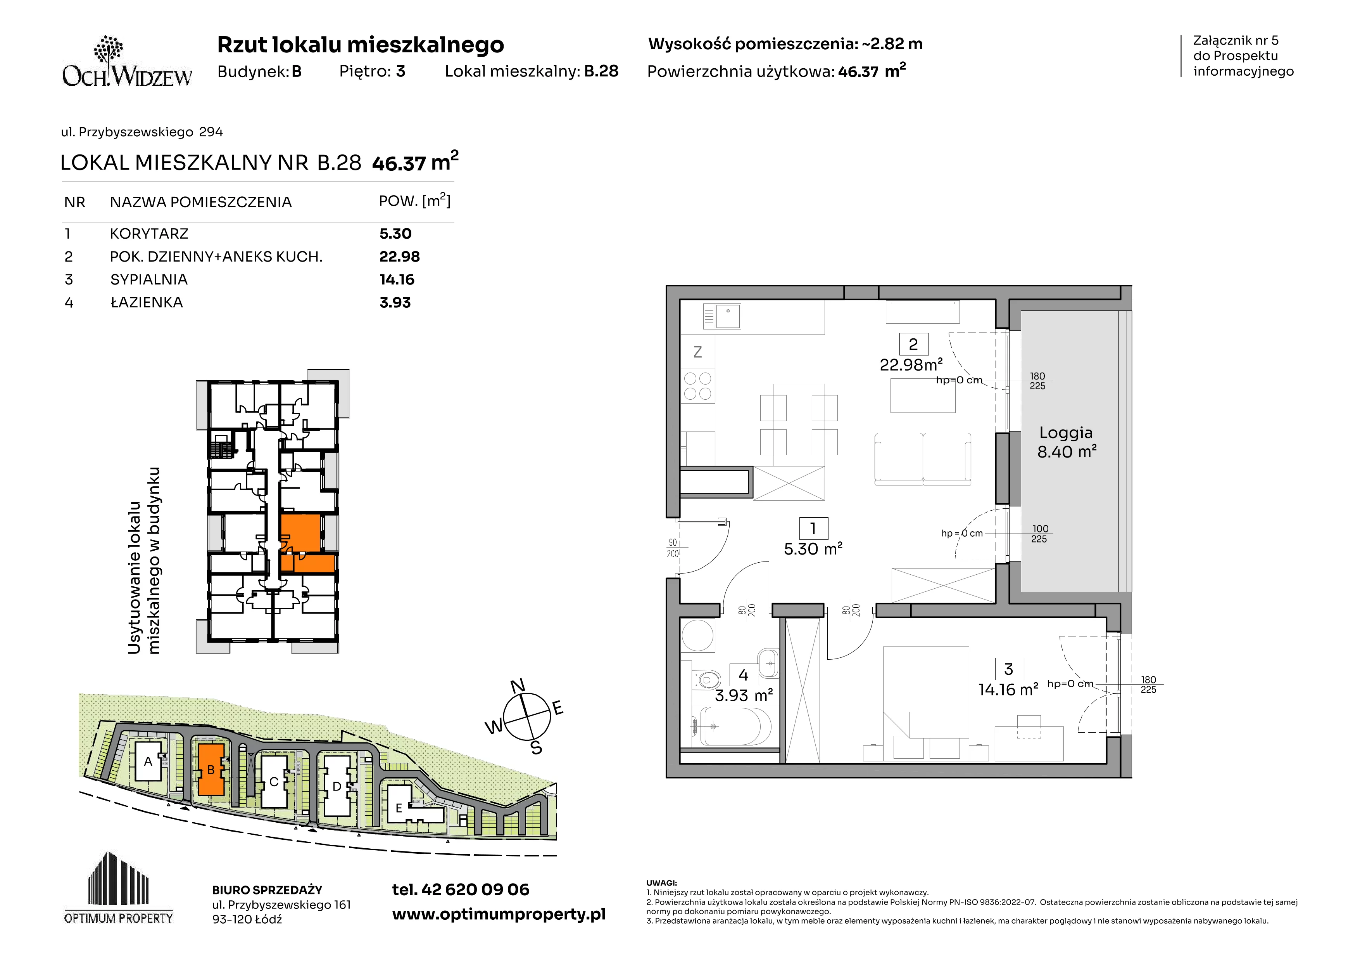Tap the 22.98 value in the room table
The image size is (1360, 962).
pos(399,257)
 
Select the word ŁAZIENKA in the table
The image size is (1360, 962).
pos(146,302)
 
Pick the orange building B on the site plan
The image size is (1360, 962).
pos(211,770)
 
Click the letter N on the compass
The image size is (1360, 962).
pos(518,686)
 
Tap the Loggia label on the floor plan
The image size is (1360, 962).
pos(1066,433)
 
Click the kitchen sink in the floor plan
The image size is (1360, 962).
pos(722,317)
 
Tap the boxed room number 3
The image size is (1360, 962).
pos(1009,669)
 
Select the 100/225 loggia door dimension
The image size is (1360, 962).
pos(1039,534)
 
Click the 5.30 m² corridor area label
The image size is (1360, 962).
pos(813,549)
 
